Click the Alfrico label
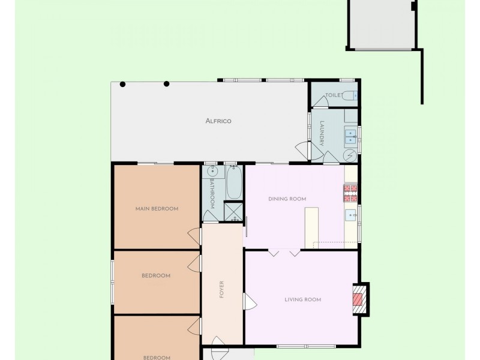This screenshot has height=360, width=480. (218, 121)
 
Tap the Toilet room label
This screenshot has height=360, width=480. (334, 95)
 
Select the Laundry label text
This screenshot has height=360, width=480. (322, 133)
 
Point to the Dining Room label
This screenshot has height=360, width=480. (287, 199)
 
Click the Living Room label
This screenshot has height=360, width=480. (303, 299)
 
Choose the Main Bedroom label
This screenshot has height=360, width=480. (157, 209)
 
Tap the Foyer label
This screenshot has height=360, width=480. (221, 289)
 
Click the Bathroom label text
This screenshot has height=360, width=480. (212, 193)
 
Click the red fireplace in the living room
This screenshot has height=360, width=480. (358, 299)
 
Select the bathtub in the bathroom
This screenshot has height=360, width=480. (234, 183)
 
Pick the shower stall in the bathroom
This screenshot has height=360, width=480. (233, 212)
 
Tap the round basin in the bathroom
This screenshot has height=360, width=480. (212, 172)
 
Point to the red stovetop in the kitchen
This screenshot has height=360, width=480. (350, 193)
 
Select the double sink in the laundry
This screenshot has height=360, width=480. (350, 137)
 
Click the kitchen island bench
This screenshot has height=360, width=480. (311, 228)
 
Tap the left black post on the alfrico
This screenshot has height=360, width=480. (122, 85)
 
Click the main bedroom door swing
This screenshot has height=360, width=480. (193, 236)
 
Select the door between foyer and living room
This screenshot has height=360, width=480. (250, 302)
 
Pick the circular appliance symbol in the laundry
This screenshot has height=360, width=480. (350, 155)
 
